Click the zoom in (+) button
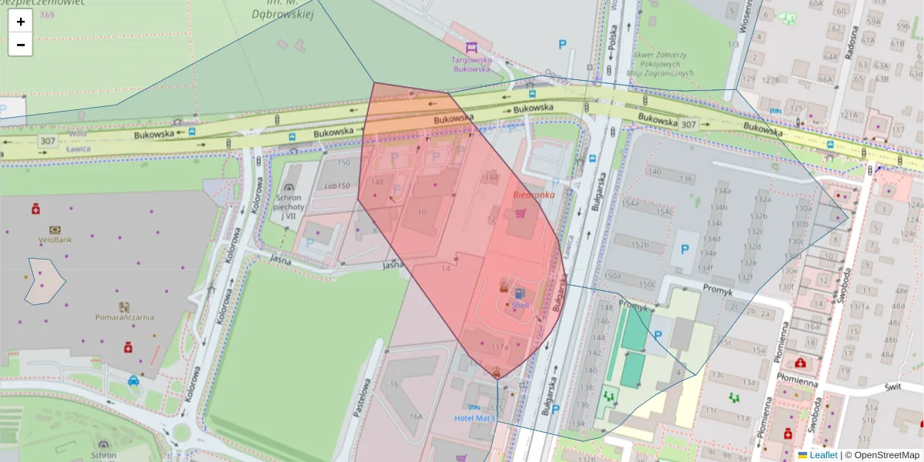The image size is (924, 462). [x=21, y=22]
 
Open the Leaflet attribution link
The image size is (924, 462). [x=823, y=455]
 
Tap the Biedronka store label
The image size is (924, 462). [x=534, y=195]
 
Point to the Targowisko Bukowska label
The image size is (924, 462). [x=471, y=63]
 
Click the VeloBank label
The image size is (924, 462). [x=55, y=239]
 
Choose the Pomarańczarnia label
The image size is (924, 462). [x=125, y=316]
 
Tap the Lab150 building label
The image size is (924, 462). [x=336, y=186]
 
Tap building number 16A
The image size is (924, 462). [x=416, y=416]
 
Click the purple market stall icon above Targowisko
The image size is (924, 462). [x=471, y=47]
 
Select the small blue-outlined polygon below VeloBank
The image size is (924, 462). [x=45, y=281]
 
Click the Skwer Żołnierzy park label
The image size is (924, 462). [x=660, y=64]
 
